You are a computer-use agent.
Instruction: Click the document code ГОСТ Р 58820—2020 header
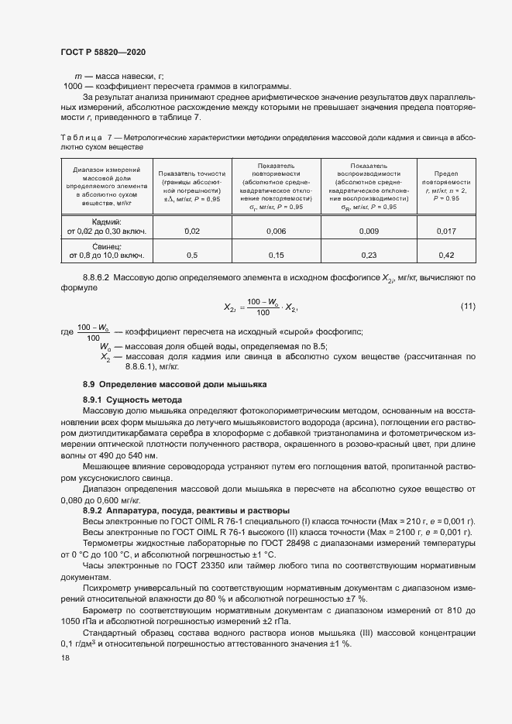point(103,51)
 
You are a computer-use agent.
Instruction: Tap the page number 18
point(65,657)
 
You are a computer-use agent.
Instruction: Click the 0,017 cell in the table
point(446,231)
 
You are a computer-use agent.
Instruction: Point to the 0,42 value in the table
point(446,255)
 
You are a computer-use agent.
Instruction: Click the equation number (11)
point(468,307)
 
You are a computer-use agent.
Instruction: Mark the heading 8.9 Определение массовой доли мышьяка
point(174,384)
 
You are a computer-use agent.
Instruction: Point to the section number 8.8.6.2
point(99,276)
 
